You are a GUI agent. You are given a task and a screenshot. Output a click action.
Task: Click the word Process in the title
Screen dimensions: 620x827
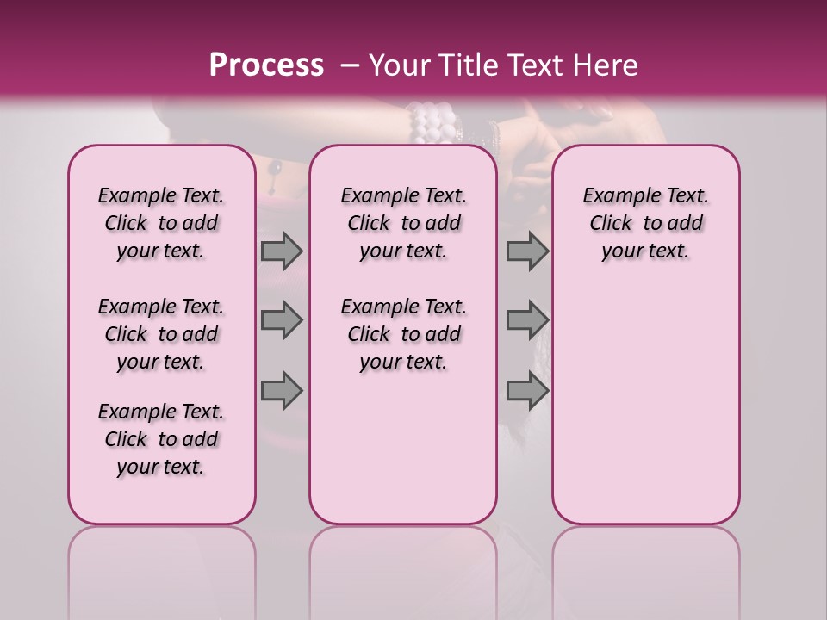coord(266,65)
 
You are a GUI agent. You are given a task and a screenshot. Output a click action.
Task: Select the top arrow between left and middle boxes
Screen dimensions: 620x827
coord(282,251)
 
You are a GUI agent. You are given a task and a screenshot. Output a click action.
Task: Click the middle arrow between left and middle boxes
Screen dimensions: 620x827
coord(282,320)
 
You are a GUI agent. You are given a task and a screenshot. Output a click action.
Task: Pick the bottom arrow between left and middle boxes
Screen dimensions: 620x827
coord(282,391)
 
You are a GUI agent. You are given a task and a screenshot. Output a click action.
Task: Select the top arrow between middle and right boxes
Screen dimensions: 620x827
coord(527,251)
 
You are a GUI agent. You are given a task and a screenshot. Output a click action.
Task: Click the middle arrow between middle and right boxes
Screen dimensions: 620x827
coord(527,320)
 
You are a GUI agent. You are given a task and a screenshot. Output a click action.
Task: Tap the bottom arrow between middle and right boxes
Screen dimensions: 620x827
coord(527,391)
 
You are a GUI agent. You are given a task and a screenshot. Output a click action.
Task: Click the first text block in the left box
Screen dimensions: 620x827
coord(161,223)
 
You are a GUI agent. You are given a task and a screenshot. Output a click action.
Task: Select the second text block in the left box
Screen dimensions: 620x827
coord(161,334)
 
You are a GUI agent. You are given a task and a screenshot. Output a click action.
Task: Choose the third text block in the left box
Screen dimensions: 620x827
coord(161,439)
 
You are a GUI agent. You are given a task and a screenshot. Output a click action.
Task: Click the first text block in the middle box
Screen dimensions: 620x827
coord(403,223)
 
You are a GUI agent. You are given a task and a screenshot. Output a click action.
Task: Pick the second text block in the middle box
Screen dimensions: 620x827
coord(403,334)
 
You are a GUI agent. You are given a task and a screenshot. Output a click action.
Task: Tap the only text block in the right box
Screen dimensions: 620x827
coord(645,223)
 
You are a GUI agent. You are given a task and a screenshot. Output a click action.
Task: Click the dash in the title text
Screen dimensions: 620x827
coord(348,65)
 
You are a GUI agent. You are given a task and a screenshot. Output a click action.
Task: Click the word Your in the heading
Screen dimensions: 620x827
coord(399,65)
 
